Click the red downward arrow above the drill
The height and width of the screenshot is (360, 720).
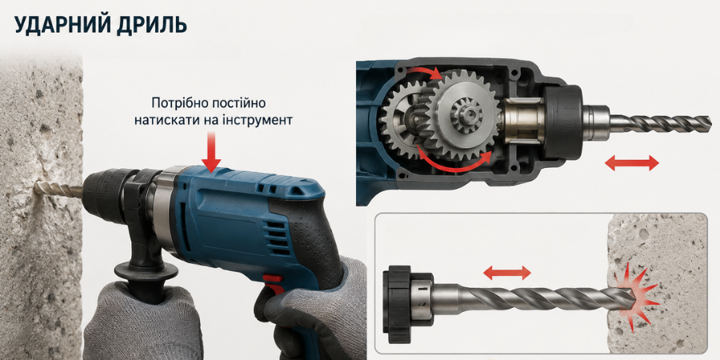211,151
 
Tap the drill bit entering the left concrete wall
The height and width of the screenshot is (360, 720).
58,189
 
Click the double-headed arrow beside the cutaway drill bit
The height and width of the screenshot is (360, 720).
632,162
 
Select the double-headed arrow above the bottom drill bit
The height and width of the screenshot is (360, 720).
507,274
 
